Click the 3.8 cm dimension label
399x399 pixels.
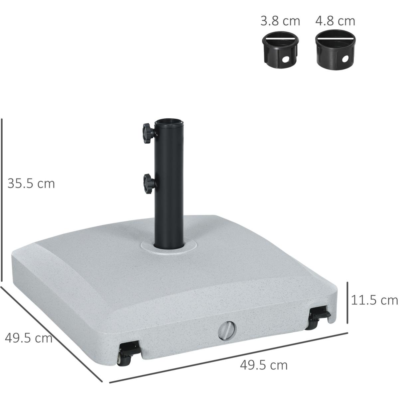click(280, 21)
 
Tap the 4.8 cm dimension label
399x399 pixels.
click(335, 21)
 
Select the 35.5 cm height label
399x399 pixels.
click(31, 184)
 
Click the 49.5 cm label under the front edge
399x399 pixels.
click(264, 365)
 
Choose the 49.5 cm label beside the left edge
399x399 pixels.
click(29, 338)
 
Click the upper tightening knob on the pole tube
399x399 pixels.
click(148, 133)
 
